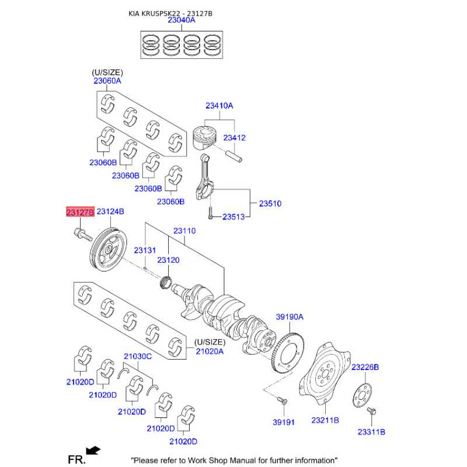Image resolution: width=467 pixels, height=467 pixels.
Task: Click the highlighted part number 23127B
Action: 80,212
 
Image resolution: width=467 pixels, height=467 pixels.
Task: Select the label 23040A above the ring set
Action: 182,20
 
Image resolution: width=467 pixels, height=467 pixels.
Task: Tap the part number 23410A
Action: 219,106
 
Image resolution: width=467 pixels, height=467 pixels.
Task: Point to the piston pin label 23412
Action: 235,138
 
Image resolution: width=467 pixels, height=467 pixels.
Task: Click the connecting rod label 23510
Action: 270,203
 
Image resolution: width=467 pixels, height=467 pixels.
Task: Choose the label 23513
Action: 233,217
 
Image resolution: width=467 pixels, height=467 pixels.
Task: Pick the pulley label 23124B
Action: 110,211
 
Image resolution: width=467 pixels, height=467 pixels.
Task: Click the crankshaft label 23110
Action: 184,231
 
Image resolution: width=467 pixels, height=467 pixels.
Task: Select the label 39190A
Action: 290,316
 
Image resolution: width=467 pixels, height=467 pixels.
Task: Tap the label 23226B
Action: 365,367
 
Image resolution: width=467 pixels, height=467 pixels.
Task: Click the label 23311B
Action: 371,432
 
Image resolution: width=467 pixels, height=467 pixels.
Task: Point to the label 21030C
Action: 138,356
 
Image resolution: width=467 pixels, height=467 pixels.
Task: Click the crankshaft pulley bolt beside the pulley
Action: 83,235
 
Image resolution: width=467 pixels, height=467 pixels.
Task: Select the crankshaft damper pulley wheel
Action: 109,249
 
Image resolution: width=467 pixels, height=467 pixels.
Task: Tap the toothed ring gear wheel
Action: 288,353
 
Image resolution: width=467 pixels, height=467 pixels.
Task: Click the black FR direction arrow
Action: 93,450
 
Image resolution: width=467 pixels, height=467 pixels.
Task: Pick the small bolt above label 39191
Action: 282,400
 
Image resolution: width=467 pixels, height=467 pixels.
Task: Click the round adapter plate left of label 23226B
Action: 362,396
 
